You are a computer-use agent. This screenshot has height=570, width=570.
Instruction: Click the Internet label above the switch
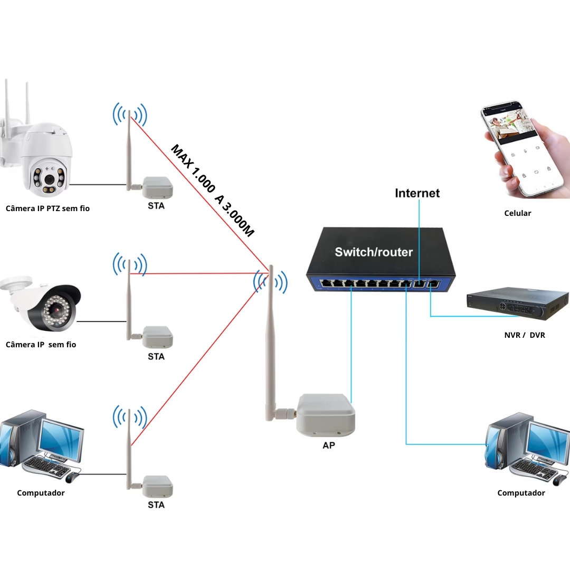coord(417,193)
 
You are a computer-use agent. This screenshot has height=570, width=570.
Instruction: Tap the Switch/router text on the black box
coord(374,252)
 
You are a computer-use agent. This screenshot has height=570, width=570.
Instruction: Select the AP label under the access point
coord(329,445)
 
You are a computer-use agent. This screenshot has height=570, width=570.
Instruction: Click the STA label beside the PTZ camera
coord(156,206)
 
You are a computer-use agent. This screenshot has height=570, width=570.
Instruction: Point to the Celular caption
coord(517,213)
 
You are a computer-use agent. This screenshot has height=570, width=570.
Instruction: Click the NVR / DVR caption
coord(525,335)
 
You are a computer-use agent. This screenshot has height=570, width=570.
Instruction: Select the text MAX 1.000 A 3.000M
coord(213,191)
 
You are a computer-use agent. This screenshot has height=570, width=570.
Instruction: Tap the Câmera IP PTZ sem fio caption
coord(47,208)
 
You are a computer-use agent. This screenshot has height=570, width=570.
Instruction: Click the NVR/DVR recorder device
coord(517,303)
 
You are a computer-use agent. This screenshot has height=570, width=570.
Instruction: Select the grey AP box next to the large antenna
coord(326,415)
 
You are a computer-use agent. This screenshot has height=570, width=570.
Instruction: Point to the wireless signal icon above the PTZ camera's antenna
coord(130,114)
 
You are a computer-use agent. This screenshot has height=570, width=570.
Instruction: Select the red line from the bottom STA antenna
coord(199,359)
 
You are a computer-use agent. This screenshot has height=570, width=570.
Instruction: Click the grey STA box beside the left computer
coord(157,487)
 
